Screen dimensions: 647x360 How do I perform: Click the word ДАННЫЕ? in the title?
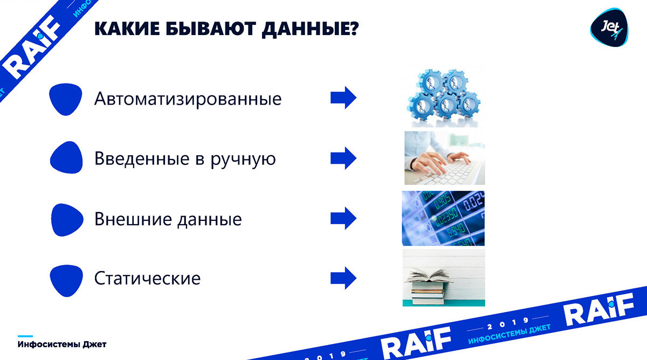tap(310, 29)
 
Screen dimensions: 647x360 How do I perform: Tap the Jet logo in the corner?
tap(609, 27)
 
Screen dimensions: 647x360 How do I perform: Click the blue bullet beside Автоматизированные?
tap(66, 99)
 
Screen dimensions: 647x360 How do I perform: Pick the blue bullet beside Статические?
tap(66, 280)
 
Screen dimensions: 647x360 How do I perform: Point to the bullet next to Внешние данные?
tap(67, 220)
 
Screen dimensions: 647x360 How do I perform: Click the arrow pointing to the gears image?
tap(343, 98)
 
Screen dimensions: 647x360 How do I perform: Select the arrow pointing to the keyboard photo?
tap(343, 158)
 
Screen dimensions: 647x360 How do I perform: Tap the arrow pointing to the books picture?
tap(343, 278)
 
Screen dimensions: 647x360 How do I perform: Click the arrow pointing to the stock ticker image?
tap(343, 218)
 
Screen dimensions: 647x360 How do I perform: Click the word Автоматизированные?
tap(188, 99)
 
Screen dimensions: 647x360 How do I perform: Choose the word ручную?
tap(243, 160)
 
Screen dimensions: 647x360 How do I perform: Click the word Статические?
tap(147, 278)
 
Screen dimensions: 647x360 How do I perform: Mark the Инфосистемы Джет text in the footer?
tap(62, 344)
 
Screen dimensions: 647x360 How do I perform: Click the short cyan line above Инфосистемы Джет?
tap(25, 336)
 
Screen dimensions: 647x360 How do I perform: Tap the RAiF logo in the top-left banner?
tap(32, 47)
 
